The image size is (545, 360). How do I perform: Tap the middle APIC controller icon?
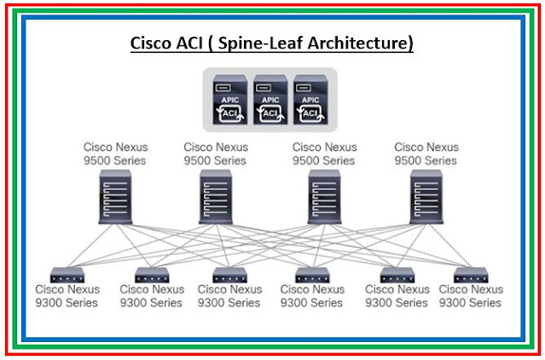pos(270,100)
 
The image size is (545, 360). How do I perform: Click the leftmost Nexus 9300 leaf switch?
pos(66,275)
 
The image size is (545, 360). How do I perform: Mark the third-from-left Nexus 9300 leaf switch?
pos(229,275)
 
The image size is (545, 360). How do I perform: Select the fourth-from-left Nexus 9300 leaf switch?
pos(312,275)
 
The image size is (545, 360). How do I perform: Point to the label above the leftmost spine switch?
pos(116,154)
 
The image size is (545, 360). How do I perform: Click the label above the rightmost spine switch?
pos(426,154)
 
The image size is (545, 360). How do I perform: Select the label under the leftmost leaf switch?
pos(67,296)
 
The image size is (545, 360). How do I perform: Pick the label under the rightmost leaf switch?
pos(470,296)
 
